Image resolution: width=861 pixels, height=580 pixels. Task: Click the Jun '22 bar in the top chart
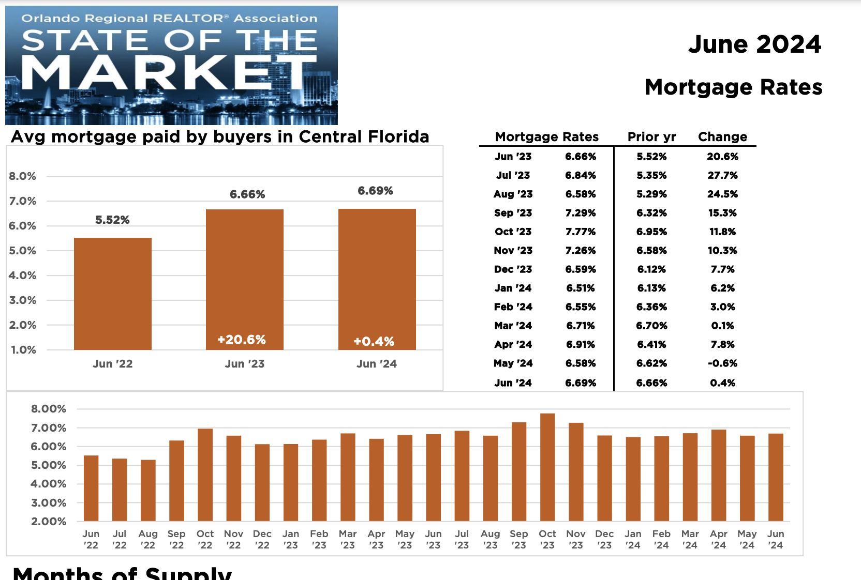click(113, 294)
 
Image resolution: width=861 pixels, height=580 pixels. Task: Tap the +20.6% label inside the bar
click(242, 340)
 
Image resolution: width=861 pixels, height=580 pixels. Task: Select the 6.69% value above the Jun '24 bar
click(375, 191)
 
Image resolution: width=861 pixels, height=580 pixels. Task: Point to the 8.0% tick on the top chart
click(22, 176)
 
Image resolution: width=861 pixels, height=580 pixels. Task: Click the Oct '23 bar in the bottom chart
click(547, 467)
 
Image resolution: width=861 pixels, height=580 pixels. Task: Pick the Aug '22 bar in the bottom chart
click(148, 491)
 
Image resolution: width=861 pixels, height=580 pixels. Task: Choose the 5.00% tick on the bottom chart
click(49, 465)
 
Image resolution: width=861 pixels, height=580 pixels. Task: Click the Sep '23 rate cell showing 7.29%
click(581, 213)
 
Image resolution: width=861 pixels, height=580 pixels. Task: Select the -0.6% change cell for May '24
click(723, 363)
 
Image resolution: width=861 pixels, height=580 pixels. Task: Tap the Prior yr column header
click(651, 137)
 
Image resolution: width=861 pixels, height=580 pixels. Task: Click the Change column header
click(723, 137)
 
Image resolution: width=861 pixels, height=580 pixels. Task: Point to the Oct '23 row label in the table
click(513, 232)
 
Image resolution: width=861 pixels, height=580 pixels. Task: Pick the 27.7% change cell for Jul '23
click(723, 176)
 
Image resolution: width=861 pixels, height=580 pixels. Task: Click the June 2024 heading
click(754, 44)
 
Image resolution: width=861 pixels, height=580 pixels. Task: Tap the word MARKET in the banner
click(169, 72)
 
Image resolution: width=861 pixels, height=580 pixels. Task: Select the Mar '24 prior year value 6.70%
click(651, 326)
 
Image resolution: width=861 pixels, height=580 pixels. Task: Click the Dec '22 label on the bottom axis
click(262, 539)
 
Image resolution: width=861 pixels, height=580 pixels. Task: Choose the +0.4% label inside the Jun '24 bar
click(374, 342)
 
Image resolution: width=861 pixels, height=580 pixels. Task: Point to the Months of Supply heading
click(122, 573)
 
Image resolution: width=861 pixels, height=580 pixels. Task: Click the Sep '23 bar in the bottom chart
click(519, 471)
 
